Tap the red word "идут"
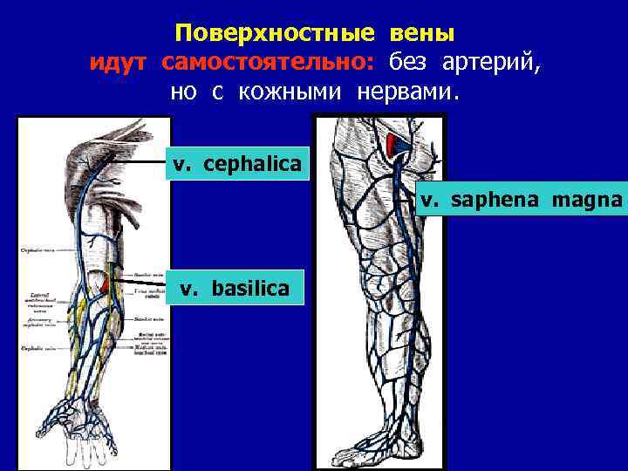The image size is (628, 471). click(121, 63)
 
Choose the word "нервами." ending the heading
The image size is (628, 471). click(407, 92)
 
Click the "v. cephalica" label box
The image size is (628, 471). click(237, 163)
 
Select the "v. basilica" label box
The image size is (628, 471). click(235, 287)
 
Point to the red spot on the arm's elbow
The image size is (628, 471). click(106, 283)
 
